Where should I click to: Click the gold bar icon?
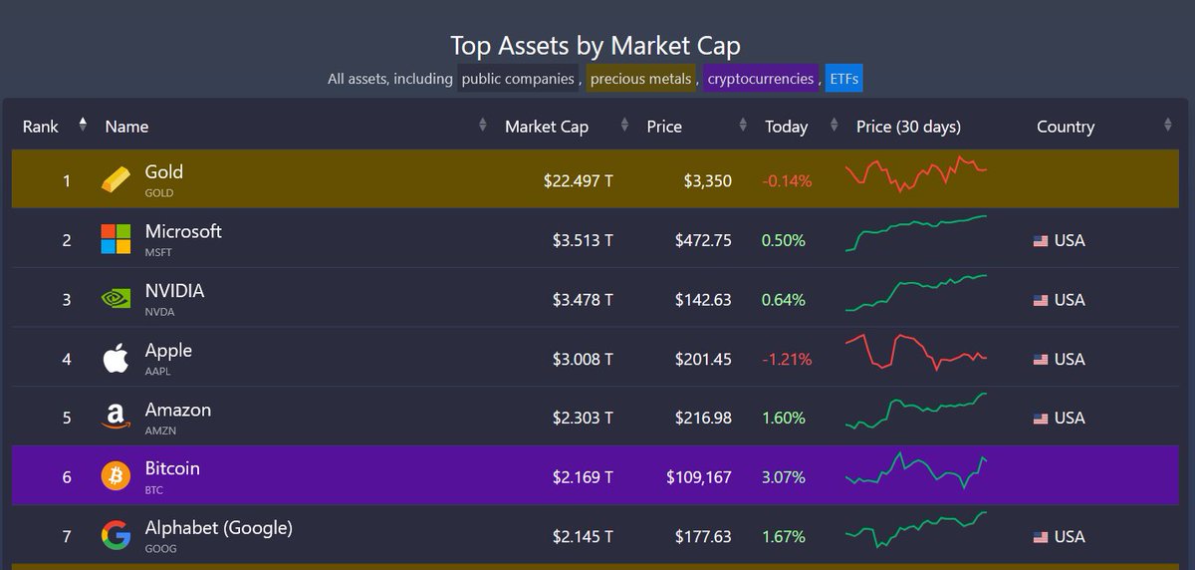tap(116, 179)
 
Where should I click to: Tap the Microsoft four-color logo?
tap(116, 239)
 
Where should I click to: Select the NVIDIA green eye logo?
tap(116, 299)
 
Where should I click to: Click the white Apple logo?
tap(116, 358)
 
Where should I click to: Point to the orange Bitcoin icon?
tap(116, 476)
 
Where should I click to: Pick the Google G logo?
tap(116, 536)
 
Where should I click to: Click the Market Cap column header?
tap(547, 127)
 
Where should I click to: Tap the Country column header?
tap(1065, 127)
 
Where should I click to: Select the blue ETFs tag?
tap(843, 78)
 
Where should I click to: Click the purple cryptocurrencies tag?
tap(761, 78)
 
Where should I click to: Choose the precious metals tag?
tap(640, 78)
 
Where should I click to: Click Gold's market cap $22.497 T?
tap(578, 181)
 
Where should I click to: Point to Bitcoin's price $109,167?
tap(699, 477)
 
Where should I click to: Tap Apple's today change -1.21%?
tap(787, 359)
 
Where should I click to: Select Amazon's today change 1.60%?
tap(784, 419)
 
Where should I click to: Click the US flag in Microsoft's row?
tap(1041, 241)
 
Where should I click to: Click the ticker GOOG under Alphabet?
tap(159, 549)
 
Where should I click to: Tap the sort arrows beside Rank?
tap(83, 125)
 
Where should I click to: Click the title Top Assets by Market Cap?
tap(596, 46)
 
